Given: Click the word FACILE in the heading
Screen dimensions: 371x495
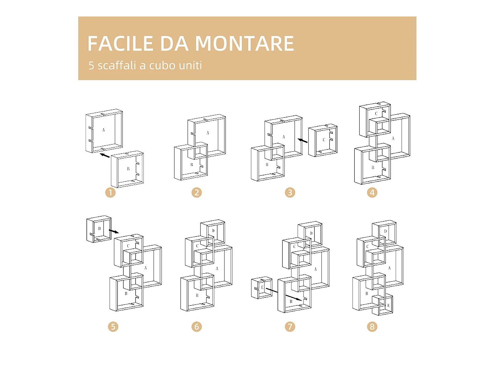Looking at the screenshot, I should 120,44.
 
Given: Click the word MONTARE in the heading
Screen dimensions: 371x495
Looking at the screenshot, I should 244,44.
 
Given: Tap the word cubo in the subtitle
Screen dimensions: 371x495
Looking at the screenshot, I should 162,65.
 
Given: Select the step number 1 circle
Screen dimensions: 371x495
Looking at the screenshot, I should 110,193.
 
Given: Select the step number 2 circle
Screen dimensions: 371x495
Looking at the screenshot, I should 197,193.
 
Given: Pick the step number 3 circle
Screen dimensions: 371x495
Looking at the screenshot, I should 290,193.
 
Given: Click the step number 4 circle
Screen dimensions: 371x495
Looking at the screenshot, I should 372,193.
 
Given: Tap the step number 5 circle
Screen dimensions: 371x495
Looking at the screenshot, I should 113,327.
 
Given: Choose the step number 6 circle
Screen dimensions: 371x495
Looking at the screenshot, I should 197,327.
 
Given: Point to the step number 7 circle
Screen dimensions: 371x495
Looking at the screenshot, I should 290,327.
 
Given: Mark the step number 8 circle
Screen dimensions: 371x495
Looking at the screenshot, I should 372,327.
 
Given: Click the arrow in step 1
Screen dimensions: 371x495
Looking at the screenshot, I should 105,155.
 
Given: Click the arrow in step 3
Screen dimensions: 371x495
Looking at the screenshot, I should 302,141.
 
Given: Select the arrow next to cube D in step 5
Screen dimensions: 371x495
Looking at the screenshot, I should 114,231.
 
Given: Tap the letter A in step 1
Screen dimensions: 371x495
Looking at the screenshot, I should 103,130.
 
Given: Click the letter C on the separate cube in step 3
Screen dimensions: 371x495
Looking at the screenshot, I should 324,140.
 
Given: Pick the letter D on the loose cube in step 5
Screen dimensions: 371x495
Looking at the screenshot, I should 99,228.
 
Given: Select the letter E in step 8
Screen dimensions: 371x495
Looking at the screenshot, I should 388,306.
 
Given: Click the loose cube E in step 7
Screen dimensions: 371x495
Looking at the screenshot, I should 262,288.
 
